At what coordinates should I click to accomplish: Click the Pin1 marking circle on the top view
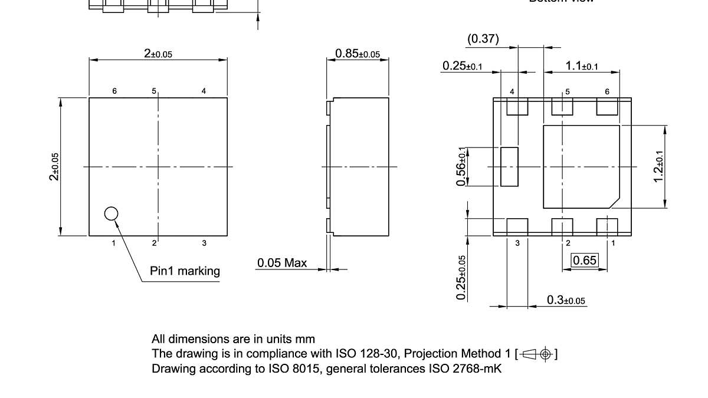tap(111, 213)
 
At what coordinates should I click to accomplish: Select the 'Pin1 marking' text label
tap(185, 271)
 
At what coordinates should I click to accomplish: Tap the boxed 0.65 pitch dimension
tap(585, 260)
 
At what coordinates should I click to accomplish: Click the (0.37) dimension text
tap(483, 39)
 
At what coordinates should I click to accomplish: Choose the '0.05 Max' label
tap(282, 262)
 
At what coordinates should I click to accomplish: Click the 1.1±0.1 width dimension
tap(581, 66)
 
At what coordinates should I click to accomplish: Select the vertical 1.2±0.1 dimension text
tap(659, 166)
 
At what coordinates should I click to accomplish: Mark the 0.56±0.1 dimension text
tap(461, 166)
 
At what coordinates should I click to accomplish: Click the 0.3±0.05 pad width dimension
tap(566, 300)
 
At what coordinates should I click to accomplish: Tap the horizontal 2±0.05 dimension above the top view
tap(158, 54)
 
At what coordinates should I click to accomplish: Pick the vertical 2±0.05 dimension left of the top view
tap(54, 166)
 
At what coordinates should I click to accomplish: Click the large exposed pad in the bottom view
tap(581, 166)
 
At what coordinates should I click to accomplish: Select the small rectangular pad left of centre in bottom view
tap(509, 166)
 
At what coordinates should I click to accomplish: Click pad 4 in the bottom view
tap(517, 107)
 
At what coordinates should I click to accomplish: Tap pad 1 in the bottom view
tap(607, 226)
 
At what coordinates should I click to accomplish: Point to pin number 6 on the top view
tap(114, 91)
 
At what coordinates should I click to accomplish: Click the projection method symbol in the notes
tap(537, 354)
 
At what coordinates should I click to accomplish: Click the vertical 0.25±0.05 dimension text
tap(461, 277)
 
